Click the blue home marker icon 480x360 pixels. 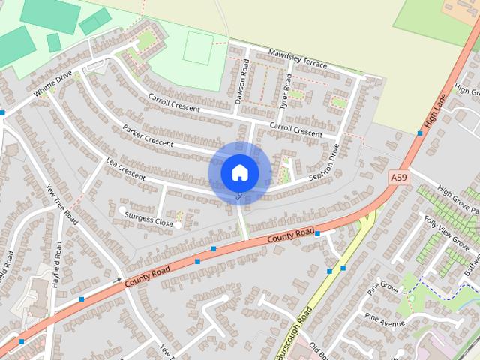[x=239, y=173]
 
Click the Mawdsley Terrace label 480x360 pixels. [x=298, y=59]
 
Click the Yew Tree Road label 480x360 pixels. [x=62, y=205]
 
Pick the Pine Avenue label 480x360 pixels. [x=384, y=319]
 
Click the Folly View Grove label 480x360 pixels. [x=446, y=232]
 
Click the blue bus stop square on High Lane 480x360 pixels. [x=420, y=133]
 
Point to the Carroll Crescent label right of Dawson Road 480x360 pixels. [x=295, y=130]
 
